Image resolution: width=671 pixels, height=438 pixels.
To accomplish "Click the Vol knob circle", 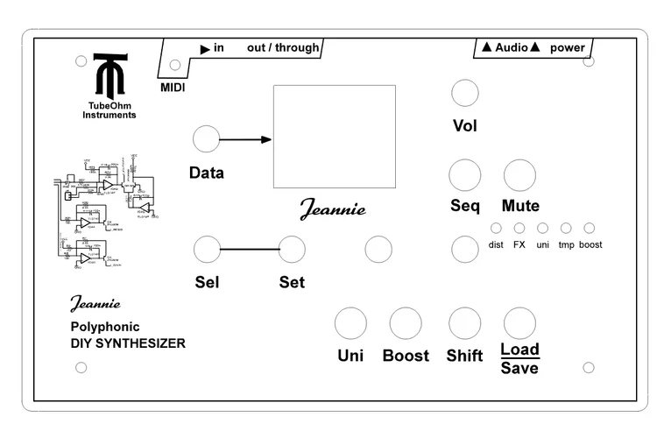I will (464, 93).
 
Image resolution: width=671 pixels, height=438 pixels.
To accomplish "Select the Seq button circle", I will (464, 175).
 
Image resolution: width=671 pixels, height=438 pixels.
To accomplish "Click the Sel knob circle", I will (207, 250).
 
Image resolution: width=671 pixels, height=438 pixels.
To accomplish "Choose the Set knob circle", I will (292, 250).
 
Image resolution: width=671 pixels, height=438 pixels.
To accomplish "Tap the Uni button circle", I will (350, 323).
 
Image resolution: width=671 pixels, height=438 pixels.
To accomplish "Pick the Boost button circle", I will (406, 323).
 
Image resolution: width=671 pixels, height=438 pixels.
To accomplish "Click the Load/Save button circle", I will (519, 323).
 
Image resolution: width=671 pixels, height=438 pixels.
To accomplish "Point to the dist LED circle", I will (496, 228).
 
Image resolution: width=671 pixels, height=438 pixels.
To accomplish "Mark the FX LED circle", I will (519, 228).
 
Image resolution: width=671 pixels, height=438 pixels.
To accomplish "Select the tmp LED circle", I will (566, 228).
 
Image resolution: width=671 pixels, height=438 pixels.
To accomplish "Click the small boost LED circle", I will (590, 228).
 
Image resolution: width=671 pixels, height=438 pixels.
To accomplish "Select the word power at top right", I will (568, 48).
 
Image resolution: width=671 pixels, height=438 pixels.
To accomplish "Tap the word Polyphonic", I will (105, 327).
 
